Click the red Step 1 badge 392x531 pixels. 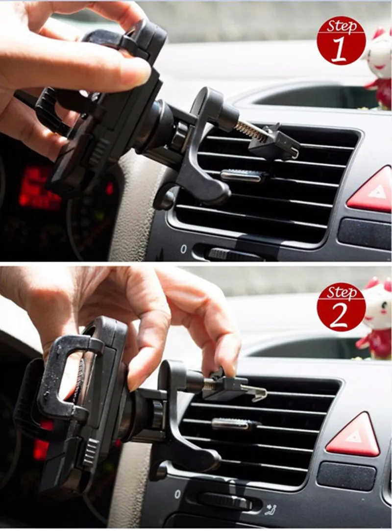[341, 42]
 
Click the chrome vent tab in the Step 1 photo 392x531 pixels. [244, 176]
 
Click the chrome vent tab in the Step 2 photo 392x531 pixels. [233, 424]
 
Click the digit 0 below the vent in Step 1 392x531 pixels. [183, 249]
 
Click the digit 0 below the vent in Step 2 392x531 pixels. [177, 494]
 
